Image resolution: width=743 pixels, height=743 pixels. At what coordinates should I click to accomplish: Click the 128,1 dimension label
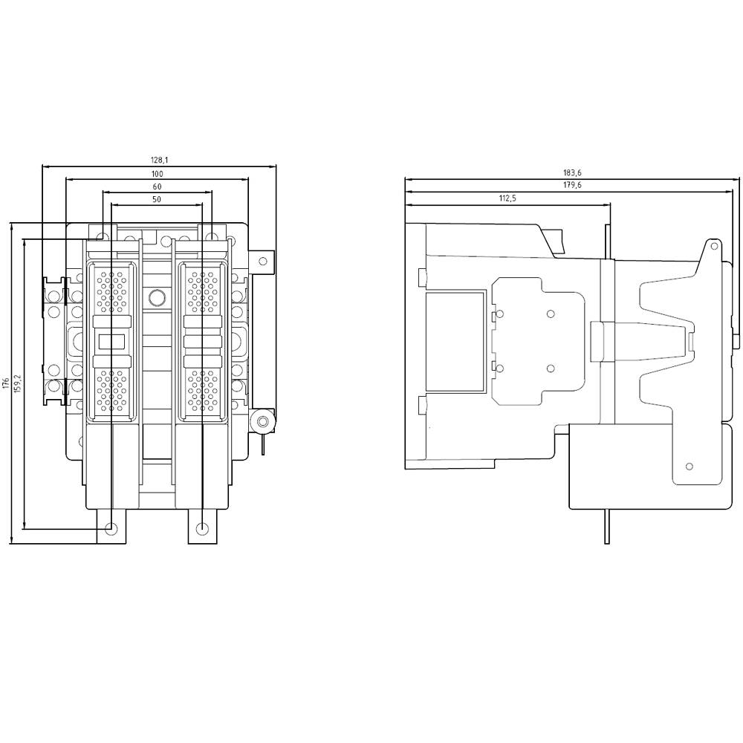pos(159,160)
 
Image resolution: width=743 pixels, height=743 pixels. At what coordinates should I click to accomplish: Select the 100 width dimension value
pos(157,173)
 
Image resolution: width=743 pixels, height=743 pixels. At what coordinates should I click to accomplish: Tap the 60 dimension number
pos(157,186)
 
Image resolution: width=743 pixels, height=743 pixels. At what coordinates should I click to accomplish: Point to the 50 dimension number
pos(157,200)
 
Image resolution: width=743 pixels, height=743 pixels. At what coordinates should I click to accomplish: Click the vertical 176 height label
pos(6,383)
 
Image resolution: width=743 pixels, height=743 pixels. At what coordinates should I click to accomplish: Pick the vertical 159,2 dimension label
pos(19,383)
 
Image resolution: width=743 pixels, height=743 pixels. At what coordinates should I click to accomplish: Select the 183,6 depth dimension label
pos(572,173)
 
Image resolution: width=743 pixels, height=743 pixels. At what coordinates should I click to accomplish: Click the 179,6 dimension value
pos(572,186)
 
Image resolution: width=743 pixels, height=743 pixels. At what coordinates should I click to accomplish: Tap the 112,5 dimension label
pos(507,198)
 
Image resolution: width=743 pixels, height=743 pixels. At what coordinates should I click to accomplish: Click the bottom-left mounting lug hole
pos(111,528)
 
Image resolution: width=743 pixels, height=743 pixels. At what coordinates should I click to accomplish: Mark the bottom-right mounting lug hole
pos(203,528)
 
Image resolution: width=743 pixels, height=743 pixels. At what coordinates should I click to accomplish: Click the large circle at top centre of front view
pos(157,298)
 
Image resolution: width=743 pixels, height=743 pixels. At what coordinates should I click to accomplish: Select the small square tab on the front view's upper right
pos(262,261)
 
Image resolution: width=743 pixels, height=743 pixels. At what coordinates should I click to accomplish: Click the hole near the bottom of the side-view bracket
pos(690,466)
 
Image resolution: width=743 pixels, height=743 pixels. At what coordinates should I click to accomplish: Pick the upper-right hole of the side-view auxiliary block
pos(551,314)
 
